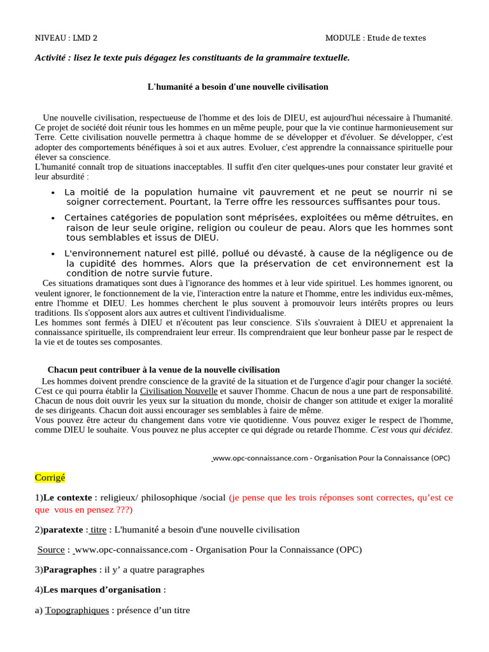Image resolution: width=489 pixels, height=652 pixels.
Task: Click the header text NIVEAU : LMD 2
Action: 66,38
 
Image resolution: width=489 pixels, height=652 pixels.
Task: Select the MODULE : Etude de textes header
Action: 375,38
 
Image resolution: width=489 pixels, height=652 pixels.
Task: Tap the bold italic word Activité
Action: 51,58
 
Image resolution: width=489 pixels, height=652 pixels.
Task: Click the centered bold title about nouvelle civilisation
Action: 238,87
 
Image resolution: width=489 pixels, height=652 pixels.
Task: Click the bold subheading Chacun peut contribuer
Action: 164,370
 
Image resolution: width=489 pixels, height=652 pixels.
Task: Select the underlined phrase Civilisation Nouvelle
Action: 178,390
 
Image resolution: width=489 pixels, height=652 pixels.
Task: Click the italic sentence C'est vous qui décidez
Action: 411,430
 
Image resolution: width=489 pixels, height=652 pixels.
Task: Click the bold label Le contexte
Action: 67,498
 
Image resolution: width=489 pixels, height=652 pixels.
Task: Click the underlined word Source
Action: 51,549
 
